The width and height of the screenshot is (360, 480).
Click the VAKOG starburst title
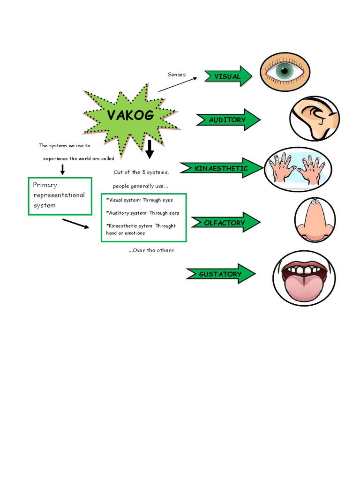click(x=130, y=116)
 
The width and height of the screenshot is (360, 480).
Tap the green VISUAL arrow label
click(x=228, y=76)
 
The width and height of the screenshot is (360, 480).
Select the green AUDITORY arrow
click(x=228, y=120)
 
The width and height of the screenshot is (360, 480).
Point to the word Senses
click(x=177, y=75)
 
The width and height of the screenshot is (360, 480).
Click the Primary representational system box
click(x=60, y=195)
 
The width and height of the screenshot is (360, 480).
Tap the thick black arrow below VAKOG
click(x=150, y=149)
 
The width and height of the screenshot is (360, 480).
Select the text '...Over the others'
click(x=151, y=250)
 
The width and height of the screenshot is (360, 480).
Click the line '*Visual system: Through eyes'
click(x=140, y=200)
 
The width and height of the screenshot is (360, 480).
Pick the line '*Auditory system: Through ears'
click(x=142, y=213)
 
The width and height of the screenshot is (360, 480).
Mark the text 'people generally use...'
click(x=140, y=186)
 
